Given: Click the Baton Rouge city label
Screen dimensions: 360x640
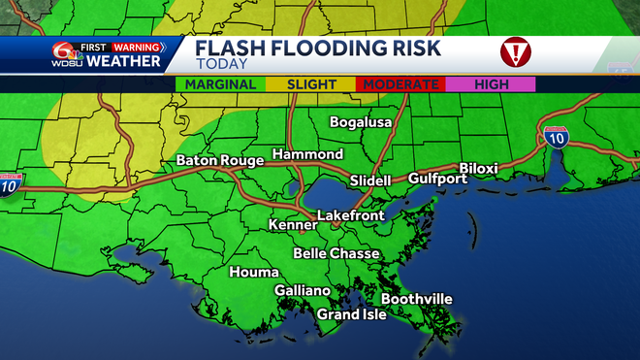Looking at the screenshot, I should [218, 161].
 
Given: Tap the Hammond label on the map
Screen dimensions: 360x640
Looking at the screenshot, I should [307, 155].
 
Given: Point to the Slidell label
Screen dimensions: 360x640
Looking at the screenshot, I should [369, 180].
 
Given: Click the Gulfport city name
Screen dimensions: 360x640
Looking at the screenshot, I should [436, 180].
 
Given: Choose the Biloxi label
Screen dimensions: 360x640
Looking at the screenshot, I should [478, 169].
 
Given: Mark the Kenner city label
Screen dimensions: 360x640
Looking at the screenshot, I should [293, 225].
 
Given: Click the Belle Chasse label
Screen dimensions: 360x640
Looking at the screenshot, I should [336, 253].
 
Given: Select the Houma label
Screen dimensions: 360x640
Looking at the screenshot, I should [253, 273].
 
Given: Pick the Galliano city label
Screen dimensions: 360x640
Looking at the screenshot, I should [303, 291].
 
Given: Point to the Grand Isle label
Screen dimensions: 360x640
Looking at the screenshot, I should [352, 314].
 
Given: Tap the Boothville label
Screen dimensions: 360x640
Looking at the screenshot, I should [416, 299].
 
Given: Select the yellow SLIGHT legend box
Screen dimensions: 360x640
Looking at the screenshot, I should [312, 84].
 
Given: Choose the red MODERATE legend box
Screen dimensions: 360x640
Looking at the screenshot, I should [401, 84].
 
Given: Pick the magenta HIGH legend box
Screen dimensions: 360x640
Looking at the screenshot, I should [493, 84].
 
